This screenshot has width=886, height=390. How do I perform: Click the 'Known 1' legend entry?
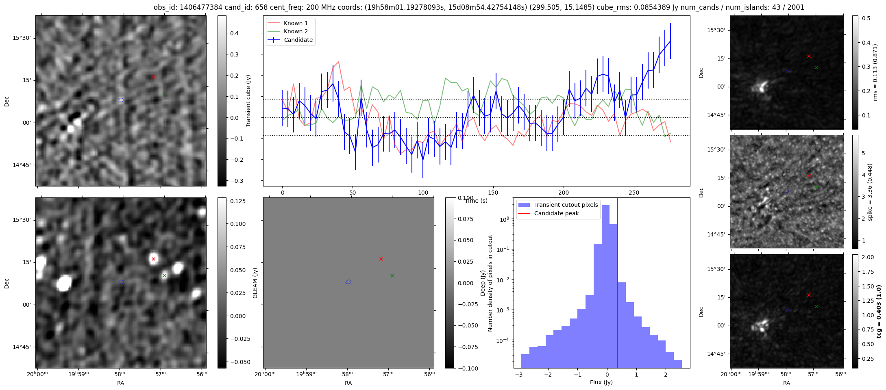pyautogui.click(x=295, y=23)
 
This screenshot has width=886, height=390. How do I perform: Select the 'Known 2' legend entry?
pyautogui.click(x=295, y=31)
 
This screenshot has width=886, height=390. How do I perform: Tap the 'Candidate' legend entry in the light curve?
pyautogui.click(x=298, y=40)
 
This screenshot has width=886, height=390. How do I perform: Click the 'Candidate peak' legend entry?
pyautogui.click(x=556, y=213)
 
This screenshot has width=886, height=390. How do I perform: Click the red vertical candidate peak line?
pyautogui.click(x=618, y=284)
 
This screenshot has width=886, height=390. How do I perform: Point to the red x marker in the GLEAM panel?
pyautogui.click(x=381, y=259)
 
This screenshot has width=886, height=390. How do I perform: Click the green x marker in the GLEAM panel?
pyautogui.click(x=392, y=275)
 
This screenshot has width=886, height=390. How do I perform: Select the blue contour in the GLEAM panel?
pyautogui.click(x=348, y=282)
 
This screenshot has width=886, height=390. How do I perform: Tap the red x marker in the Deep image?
pyautogui.click(x=153, y=259)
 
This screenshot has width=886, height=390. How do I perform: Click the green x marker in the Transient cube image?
pyautogui.click(x=164, y=94)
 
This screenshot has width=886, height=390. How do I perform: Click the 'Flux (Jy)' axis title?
pyautogui.click(x=601, y=382)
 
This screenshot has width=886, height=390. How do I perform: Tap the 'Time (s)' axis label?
pyautogui.click(x=476, y=201)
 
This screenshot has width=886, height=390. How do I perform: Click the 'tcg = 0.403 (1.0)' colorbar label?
pyautogui.click(x=879, y=311)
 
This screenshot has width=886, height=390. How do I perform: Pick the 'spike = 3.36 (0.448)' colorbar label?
pyautogui.click(x=870, y=192)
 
